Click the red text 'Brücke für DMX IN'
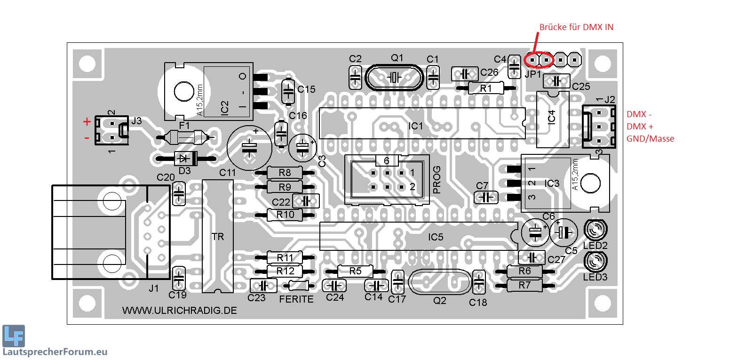576,27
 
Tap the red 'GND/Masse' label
650,139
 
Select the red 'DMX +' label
640,127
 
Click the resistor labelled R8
285,173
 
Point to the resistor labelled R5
355,271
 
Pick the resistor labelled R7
524,285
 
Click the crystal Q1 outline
394,77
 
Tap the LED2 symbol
595,230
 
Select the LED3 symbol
595,261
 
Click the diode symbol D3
184,159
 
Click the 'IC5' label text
436,237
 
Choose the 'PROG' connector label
436,180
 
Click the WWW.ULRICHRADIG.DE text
179,311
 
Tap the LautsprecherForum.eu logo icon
14,336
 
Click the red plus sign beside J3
87,122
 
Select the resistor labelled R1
486,88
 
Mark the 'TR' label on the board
218,237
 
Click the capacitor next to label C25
556,81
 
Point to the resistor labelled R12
285,271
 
